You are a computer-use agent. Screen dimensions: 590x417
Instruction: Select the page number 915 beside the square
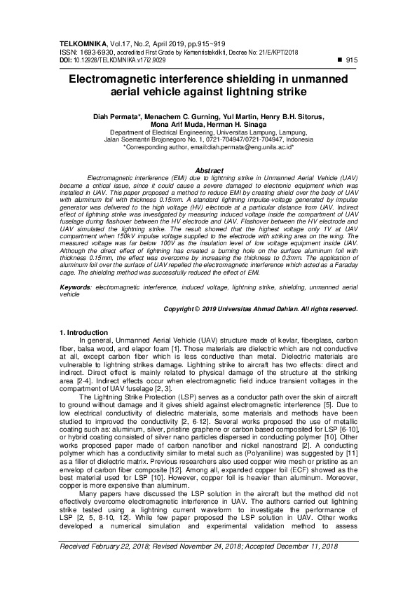coord(352,61)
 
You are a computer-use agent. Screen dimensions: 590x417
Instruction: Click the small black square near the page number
coord(339,61)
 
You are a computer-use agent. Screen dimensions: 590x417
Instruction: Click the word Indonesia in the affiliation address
coord(293,139)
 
